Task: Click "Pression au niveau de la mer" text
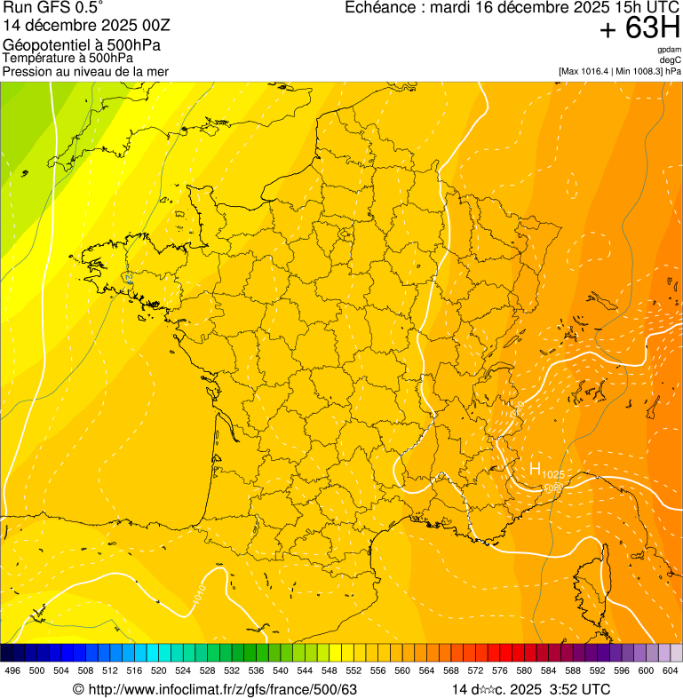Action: click(x=86, y=71)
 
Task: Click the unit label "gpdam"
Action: click(x=669, y=50)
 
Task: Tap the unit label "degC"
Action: click(x=671, y=60)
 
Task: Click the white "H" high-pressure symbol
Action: click(x=535, y=468)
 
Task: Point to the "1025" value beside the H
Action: click(x=553, y=474)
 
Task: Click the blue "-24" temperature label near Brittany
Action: click(x=129, y=278)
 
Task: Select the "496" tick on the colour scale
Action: click(x=12, y=670)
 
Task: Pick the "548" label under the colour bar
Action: click(x=329, y=670)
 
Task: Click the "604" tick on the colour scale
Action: click(x=671, y=670)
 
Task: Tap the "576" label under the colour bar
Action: click(x=499, y=670)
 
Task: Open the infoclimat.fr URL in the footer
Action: click(x=221, y=689)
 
